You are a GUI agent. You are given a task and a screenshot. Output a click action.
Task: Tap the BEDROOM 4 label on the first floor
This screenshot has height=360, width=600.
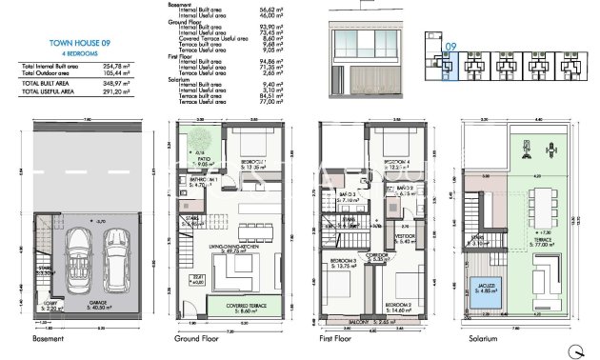[397, 163]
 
